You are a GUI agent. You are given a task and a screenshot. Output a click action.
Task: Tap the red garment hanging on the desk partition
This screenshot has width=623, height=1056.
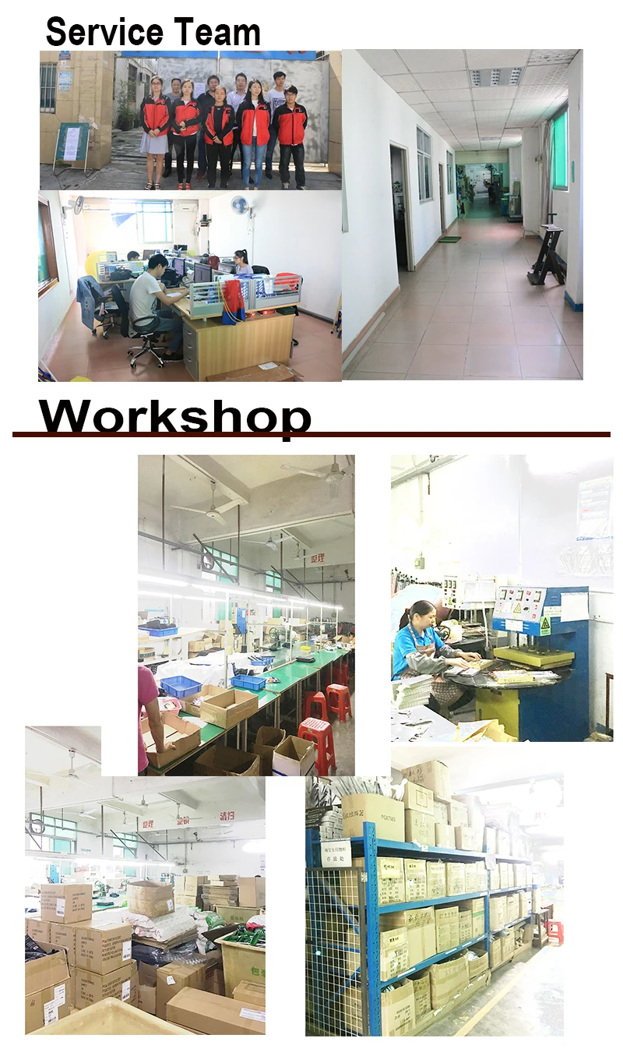coord(232,300)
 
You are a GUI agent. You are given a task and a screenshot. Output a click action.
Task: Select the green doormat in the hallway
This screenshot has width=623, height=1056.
coord(449,238)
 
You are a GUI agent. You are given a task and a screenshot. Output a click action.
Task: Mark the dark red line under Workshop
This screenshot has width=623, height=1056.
coord(311,434)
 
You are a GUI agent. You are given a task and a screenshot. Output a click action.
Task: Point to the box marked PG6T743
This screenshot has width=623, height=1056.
coord(373,814)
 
